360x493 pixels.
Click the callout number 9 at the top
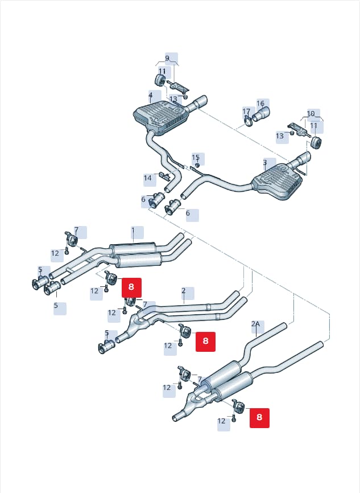167,58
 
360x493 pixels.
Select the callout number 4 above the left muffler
151,95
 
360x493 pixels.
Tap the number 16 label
260,104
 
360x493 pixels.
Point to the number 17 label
246,112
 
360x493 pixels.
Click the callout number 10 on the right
311,113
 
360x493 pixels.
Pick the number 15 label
196,158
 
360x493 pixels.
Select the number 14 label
148,178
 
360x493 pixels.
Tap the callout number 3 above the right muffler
265,163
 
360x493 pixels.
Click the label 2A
256,323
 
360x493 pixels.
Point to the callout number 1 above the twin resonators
133,231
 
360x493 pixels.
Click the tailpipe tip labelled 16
260,114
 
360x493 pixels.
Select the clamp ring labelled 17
248,121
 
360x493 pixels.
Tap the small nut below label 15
197,165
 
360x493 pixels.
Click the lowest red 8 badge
259,418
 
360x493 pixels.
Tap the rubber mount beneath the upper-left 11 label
160,80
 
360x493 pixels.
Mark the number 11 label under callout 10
314,126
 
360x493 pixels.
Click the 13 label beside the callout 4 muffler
173,99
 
